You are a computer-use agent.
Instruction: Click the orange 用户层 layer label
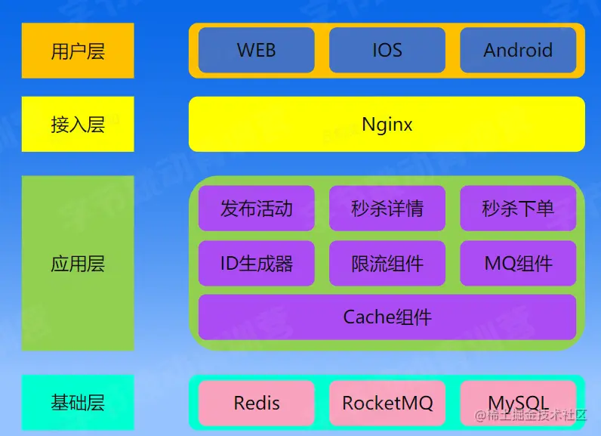click(78, 51)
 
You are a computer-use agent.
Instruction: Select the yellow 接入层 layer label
click(78, 124)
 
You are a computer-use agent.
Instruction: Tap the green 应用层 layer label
click(78, 264)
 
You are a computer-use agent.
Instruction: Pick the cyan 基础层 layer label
click(78, 403)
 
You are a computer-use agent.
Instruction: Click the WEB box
click(256, 51)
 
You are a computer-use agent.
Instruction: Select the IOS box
click(387, 51)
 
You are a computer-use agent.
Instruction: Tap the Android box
click(518, 51)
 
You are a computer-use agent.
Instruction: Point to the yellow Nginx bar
click(491, 124)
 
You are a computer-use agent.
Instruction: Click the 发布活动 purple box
click(256, 208)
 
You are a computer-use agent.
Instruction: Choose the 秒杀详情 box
click(387, 208)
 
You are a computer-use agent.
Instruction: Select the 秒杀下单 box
click(518, 208)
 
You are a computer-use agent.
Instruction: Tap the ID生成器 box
click(256, 264)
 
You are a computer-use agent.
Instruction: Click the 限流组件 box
click(387, 264)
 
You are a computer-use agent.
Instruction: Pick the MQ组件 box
click(518, 264)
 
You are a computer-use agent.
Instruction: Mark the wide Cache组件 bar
click(387, 317)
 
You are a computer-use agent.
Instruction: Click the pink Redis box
click(256, 403)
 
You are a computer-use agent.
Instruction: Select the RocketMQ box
click(387, 403)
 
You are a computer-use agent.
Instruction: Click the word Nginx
click(387, 124)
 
